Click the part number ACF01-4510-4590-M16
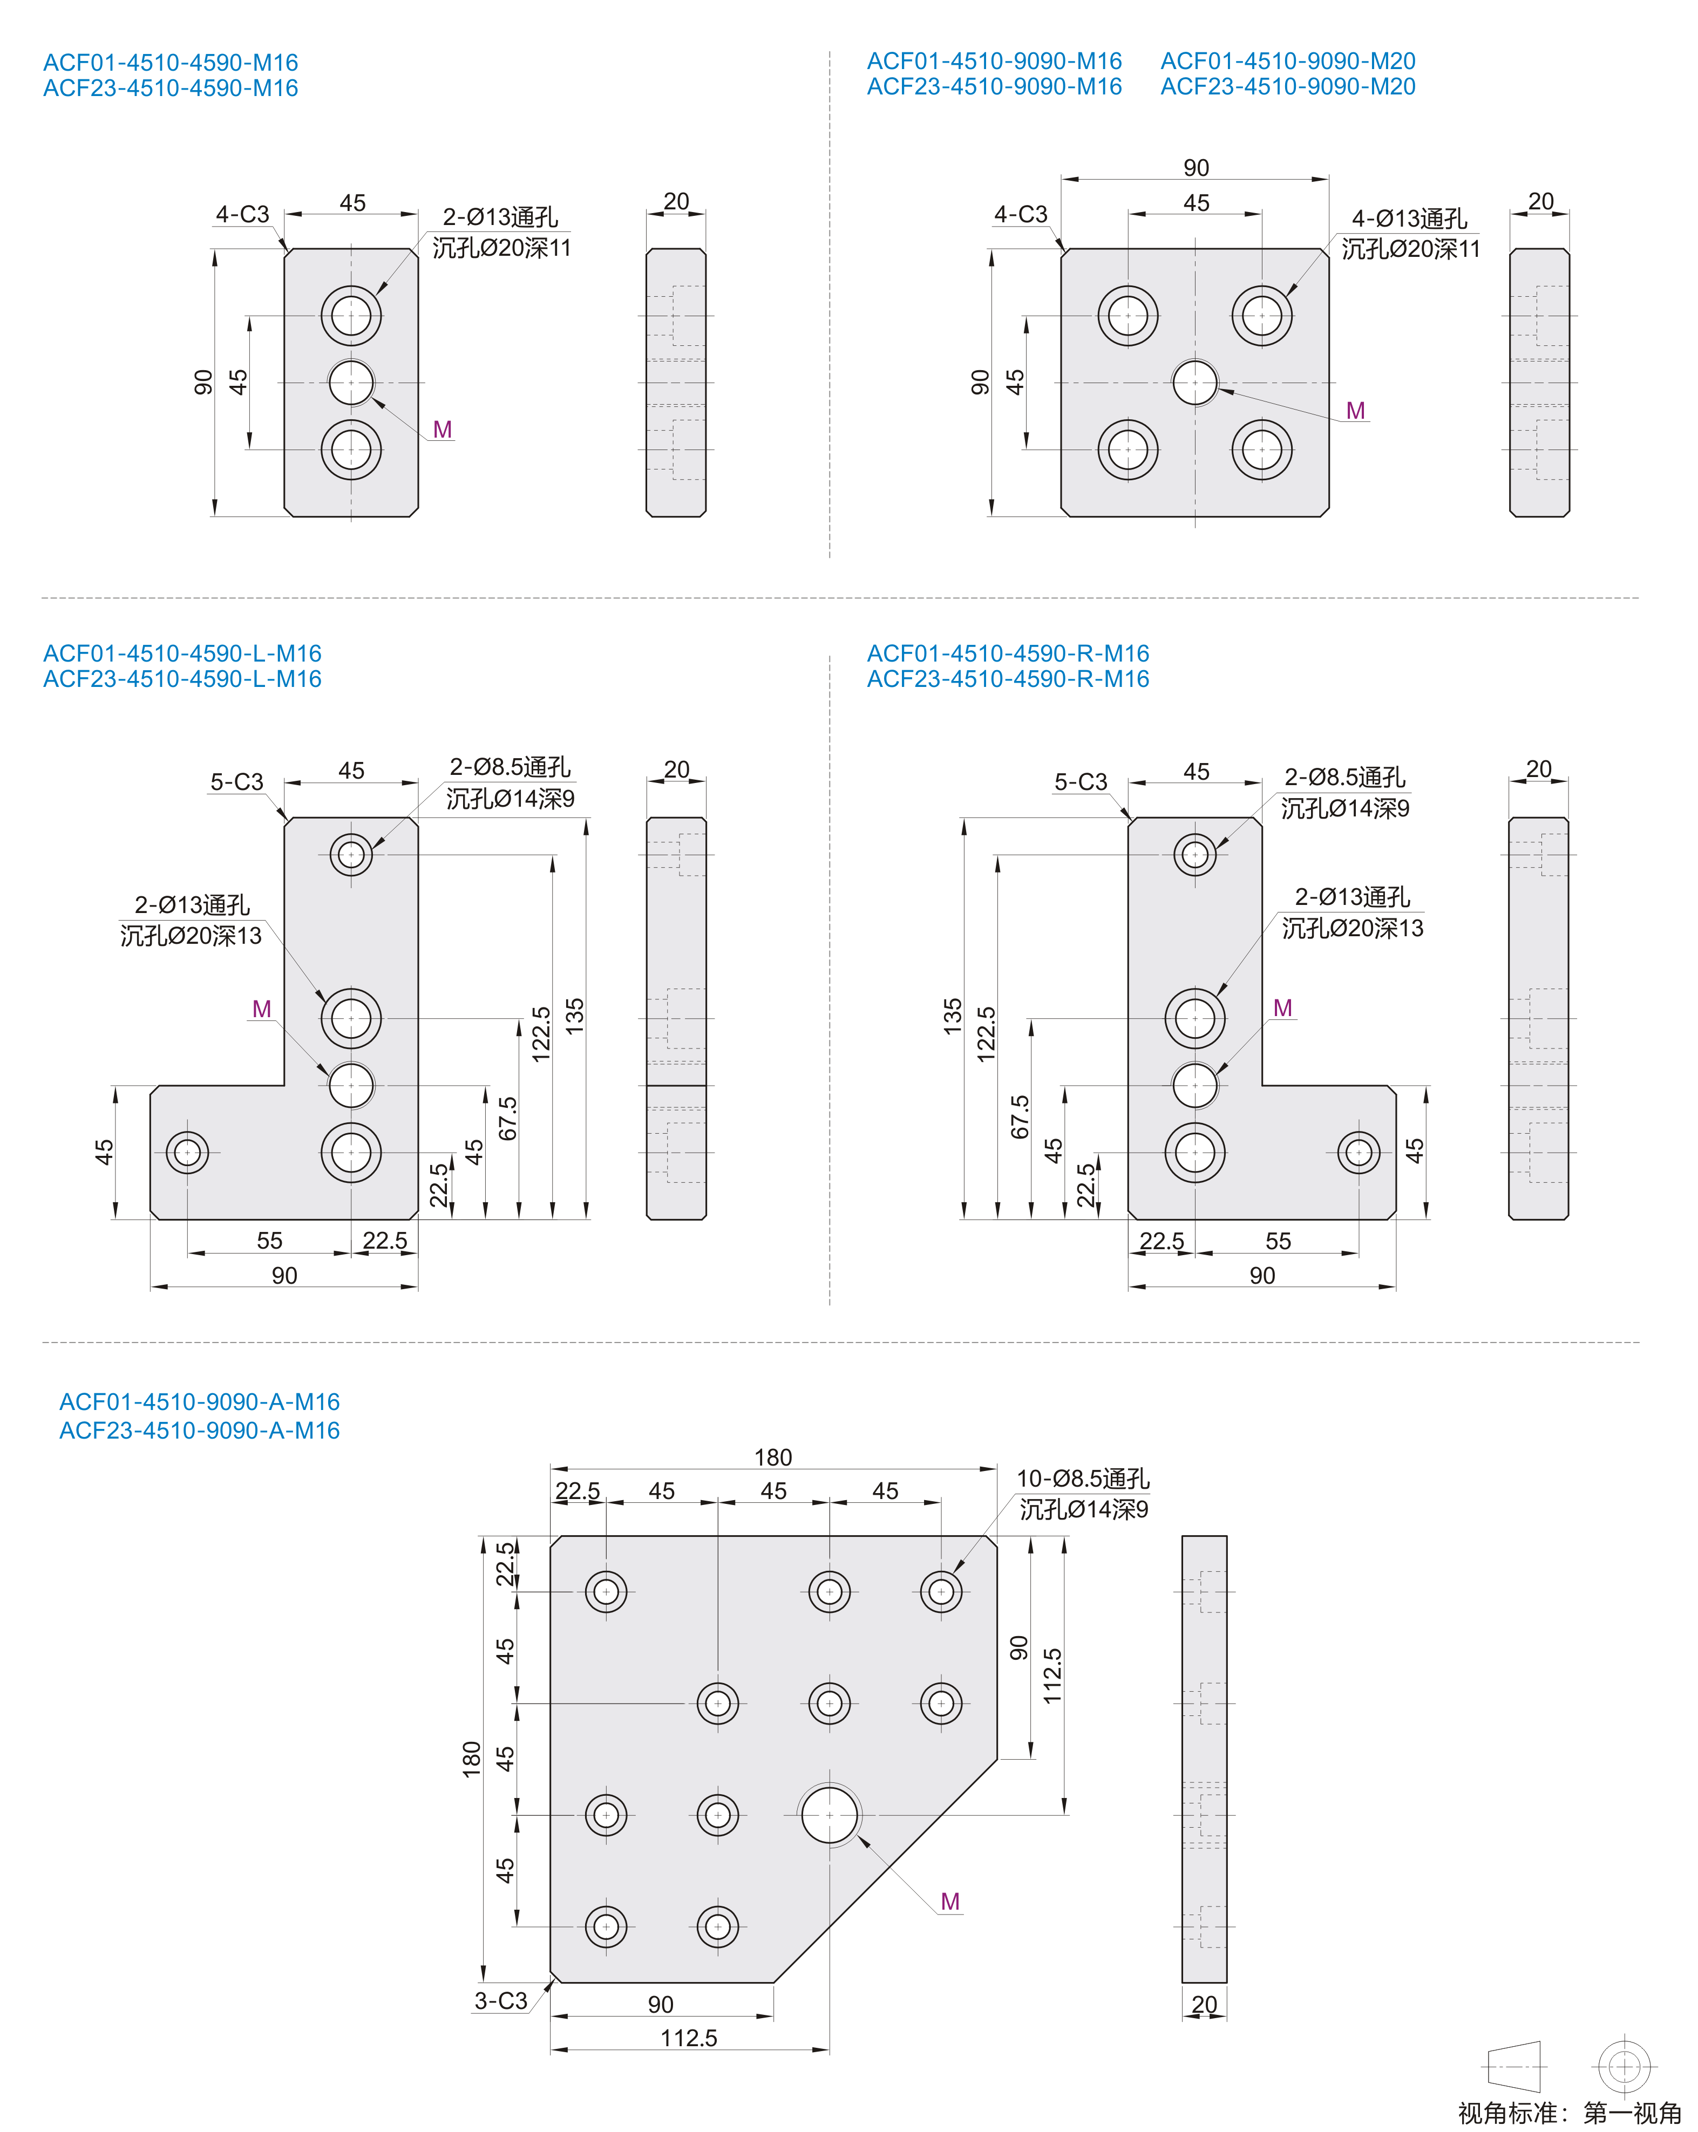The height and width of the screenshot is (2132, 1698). [170, 62]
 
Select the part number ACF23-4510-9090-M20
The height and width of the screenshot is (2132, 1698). [1288, 87]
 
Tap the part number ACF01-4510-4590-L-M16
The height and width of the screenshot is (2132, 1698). [182, 653]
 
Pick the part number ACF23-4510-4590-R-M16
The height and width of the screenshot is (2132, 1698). [1008, 679]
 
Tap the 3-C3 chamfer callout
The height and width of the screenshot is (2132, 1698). [500, 2000]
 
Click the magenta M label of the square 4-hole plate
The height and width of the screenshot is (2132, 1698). [1355, 411]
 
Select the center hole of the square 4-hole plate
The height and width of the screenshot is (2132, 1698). [1194, 383]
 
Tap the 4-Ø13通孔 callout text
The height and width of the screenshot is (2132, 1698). [1409, 219]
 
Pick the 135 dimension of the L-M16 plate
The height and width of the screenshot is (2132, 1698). [575, 1017]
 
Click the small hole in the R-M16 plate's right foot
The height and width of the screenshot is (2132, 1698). [1358, 1152]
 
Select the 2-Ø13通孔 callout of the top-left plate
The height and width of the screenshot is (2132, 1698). [500, 216]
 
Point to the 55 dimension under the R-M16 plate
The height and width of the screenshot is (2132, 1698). [1278, 1241]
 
